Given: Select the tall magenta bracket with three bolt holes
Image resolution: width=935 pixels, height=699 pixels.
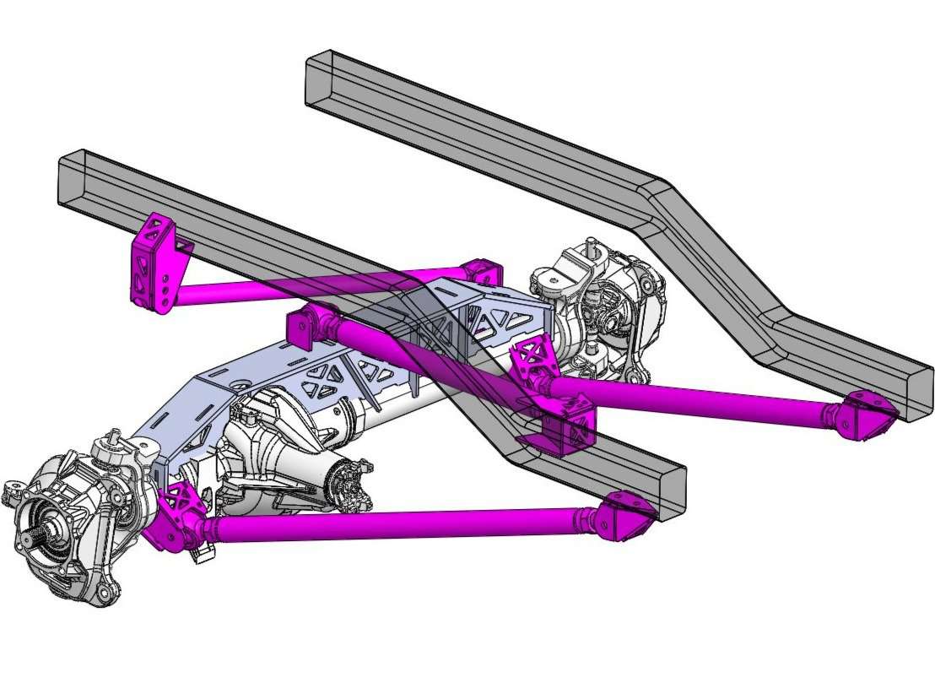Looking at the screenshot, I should [153, 263].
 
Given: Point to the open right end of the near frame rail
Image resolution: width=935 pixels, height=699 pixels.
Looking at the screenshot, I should [671, 490].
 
